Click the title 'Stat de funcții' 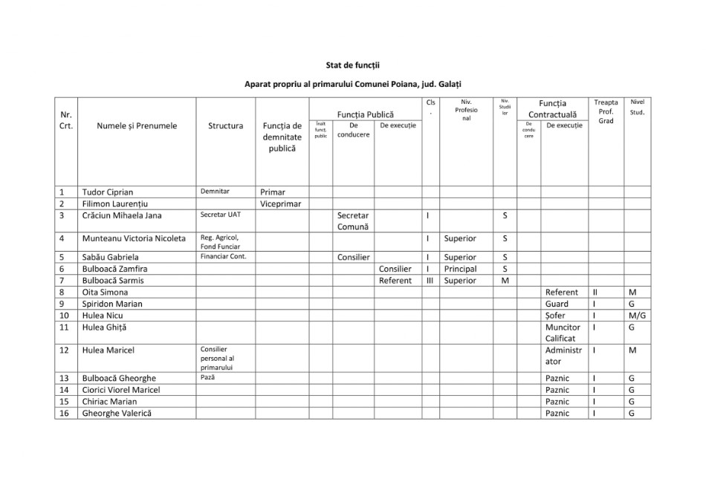pos(353,65)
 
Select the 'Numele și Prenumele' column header pos(137,125)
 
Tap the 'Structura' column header pos(226,125)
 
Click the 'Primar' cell pos(272,192)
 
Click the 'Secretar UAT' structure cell pos(221,215)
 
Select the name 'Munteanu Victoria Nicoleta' pos(134,239)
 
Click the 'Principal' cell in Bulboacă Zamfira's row pos(460,269)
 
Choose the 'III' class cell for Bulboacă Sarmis pos(430,281)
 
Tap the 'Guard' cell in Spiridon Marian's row pos(557,304)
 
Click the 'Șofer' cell pos(557,316)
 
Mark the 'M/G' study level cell pos(637,316)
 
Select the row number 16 pos(65,413)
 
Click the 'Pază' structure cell pos(208,377)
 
